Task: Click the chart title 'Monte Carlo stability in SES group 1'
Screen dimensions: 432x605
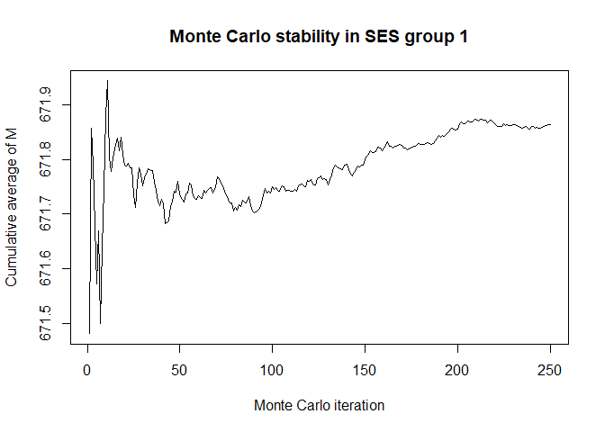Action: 319,37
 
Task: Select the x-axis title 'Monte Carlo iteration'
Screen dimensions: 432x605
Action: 319,406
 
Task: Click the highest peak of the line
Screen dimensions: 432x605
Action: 107,80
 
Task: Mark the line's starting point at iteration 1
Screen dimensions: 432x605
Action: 89,333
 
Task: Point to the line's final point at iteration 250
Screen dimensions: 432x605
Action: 550,124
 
